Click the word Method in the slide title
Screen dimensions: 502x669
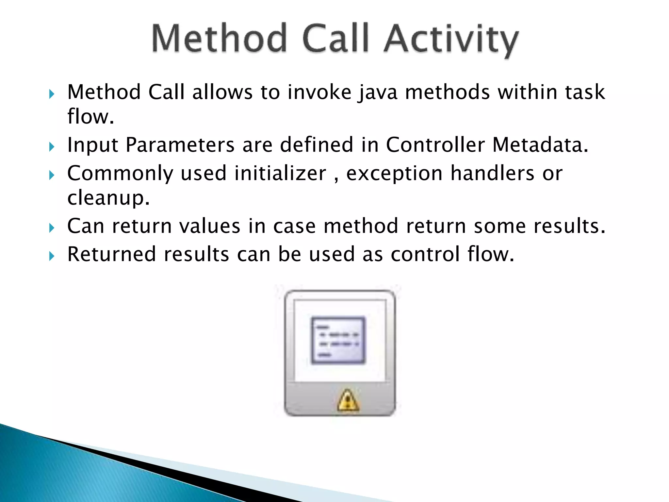click(x=219, y=39)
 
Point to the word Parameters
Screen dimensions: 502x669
click(x=180, y=145)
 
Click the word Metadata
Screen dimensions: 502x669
click(x=540, y=144)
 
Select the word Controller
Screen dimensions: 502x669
click(x=435, y=144)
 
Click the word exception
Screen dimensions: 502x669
click(x=394, y=174)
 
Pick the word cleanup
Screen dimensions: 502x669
click(x=108, y=198)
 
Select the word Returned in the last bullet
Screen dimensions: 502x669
click(x=111, y=254)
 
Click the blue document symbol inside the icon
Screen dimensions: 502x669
click(x=338, y=340)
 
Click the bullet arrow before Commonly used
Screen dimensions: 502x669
click(x=51, y=175)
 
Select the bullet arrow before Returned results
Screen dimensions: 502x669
click(x=51, y=256)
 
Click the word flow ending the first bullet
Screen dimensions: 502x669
click(x=90, y=117)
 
